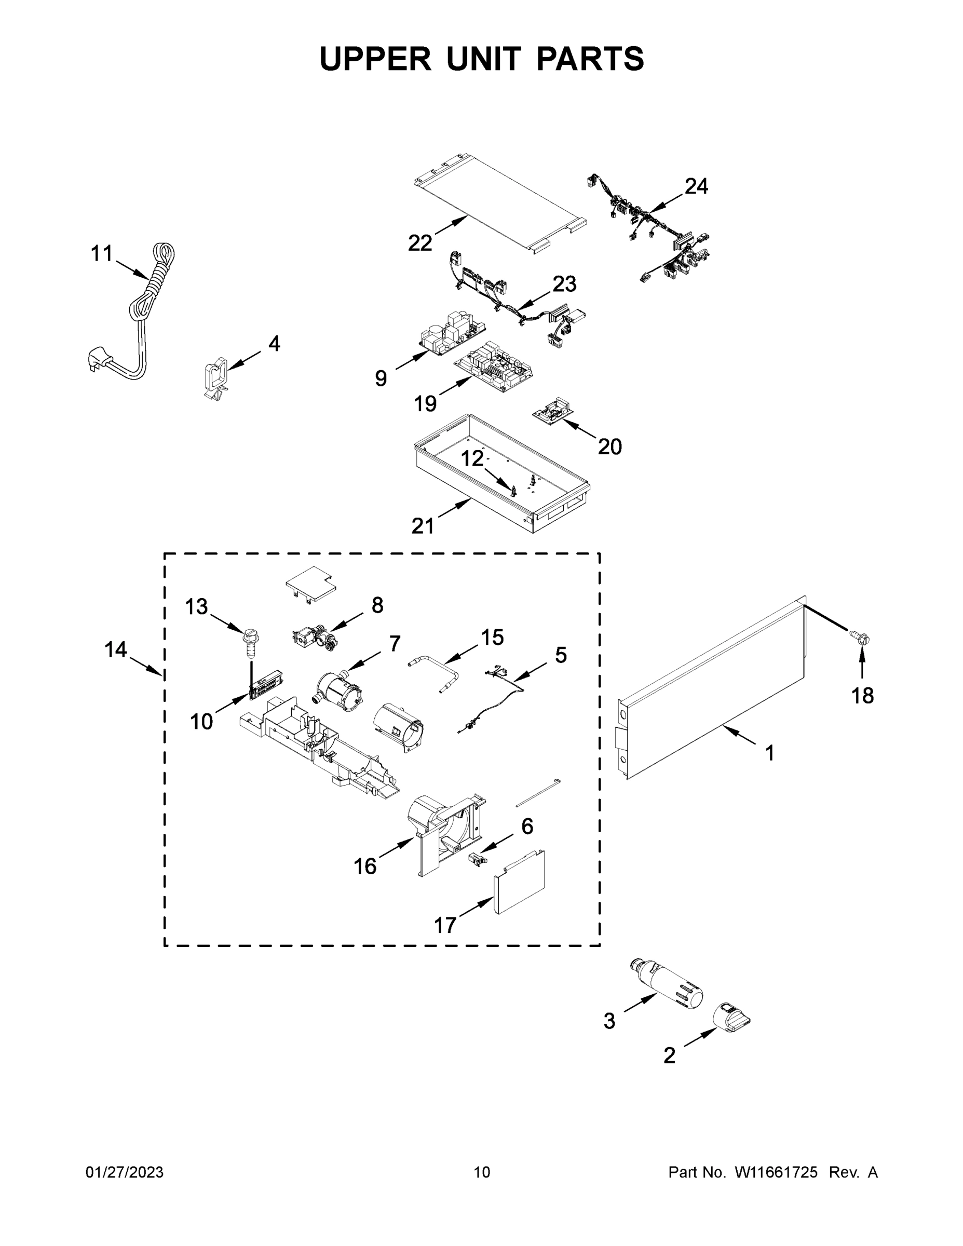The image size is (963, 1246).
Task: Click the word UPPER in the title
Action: coord(375,59)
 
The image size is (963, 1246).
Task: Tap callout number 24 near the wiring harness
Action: coord(696,186)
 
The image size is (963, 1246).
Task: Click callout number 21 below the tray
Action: coord(423,525)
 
